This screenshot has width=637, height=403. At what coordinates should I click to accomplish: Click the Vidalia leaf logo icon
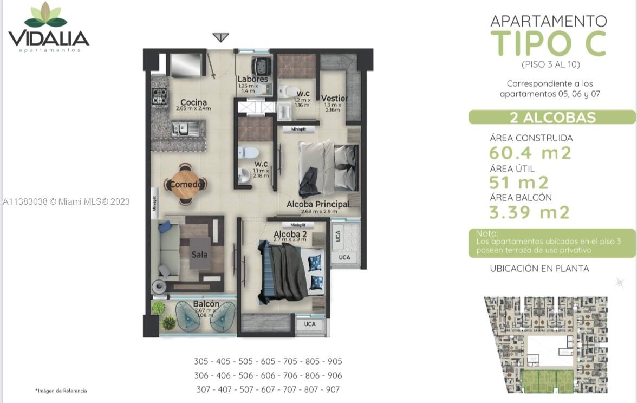coord(45,15)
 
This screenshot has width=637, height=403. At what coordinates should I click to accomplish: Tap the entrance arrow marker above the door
coord(220,37)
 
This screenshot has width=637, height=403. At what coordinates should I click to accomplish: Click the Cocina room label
coord(193,102)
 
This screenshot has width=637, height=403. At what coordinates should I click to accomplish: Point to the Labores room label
coord(252,79)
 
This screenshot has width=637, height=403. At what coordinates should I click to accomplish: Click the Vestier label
coord(334,98)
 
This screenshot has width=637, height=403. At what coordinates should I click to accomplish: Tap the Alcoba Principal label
coord(318,204)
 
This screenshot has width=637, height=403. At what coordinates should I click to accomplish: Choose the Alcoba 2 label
coord(290,234)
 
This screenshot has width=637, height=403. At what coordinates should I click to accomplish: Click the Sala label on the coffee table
coord(199,254)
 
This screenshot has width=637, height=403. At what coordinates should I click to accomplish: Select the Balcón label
coord(206,304)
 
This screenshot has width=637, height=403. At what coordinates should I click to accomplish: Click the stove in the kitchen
coord(159,98)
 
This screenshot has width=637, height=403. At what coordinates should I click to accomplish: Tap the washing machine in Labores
coord(262,66)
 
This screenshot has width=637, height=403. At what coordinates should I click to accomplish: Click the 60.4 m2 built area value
coord(530,153)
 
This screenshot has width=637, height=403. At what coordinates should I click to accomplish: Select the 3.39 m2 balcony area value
coord(529,212)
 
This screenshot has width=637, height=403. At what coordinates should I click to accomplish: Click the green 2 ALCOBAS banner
coord(552,117)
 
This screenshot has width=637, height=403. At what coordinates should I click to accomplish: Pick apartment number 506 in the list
coord(245,375)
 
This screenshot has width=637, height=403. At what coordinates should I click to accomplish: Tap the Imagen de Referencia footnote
coord(61,391)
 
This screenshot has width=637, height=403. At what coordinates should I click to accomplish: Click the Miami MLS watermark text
coord(66,201)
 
